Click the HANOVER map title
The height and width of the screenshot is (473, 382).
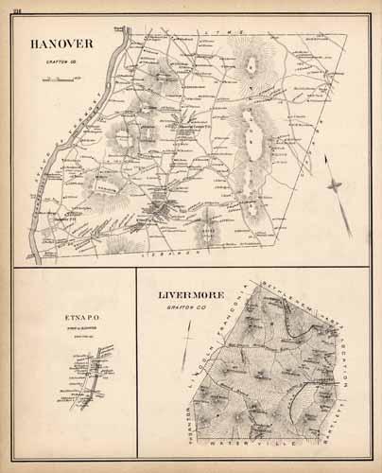[x=61, y=44]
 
